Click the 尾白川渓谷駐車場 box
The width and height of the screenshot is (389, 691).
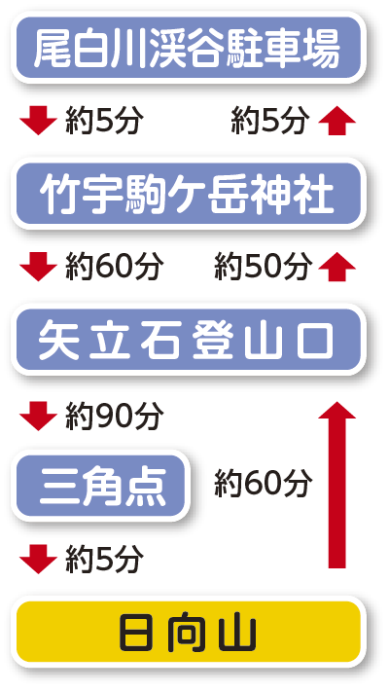pyautogui.click(x=189, y=47)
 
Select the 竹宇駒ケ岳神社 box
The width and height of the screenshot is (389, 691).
pyautogui.click(x=189, y=194)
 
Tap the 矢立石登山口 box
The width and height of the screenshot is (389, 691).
pyautogui.click(x=189, y=340)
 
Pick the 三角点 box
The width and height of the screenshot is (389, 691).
pyautogui.click(x=101, y=486)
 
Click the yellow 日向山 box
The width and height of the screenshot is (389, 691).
pyautogui.click(x=189, y=632)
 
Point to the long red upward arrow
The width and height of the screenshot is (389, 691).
pyautogui.click(x=337, y=485)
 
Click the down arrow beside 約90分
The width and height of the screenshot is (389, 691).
pyautogui.click(x=38, y=416)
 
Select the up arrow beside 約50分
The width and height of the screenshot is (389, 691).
pyautogui.click(x=337, y=267)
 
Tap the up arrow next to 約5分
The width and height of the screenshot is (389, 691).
pyautogui.click(x=337, y=121)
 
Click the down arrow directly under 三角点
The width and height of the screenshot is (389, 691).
pyautogui.click(x=38, y=559)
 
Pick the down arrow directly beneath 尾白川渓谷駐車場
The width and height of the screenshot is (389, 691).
pyautogui.click(x=38, y=121)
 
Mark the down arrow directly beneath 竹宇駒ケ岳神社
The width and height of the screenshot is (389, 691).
pyautogui.click(x=38, y=267)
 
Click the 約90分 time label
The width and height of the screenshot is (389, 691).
pyautogui.click(x=115, y=416)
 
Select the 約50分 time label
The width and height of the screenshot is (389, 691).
pyautogui.click(x=263, y=267)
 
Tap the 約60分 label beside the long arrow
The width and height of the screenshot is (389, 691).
pyautogui.click(x=263, y=484)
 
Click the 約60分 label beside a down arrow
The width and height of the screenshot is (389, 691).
pyautogui.click(x=115, y=267)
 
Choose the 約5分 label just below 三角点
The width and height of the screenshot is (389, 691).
pyautogui.click(x=104, y=560)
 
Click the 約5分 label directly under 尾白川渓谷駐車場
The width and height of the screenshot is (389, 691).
pyautogui.click(x=104, y=121)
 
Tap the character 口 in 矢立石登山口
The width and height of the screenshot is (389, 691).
pyautogui.click(x=314, y=341)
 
